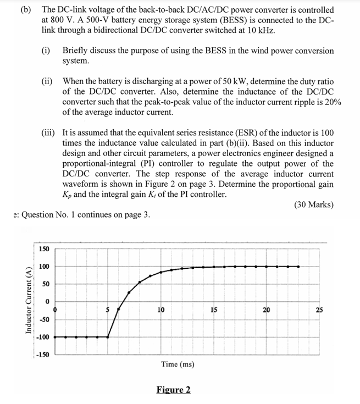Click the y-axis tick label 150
click(44, 248)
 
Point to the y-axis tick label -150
click(42, 354)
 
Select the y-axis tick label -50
click(43, 319)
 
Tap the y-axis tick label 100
click(44, 267)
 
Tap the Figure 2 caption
click(173, 390)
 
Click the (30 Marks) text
click(313, 204)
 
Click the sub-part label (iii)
click(49, 132)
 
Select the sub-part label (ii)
click(48, 80)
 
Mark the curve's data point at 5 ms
click(107, 336)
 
